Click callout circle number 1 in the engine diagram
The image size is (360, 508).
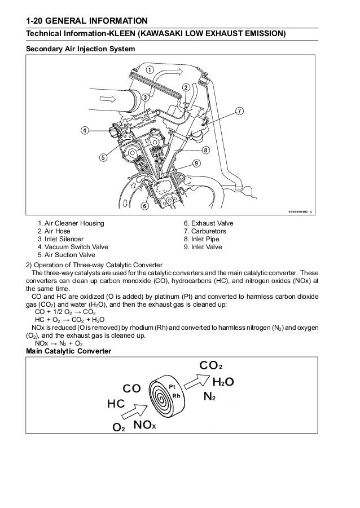150,69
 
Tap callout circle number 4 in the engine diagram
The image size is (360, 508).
84,130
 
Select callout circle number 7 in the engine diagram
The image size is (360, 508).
239,110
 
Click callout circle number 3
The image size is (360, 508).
144,97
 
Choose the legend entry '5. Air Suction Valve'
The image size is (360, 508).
67,255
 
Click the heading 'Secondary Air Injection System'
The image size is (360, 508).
81,49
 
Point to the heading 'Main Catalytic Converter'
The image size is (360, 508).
69,352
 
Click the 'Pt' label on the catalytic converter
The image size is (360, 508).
173,387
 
